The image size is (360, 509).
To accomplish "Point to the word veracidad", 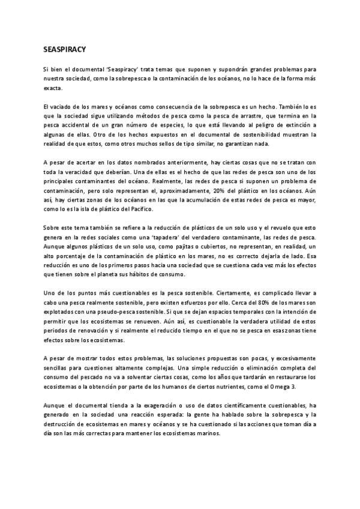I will click(x=83, y=172).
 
